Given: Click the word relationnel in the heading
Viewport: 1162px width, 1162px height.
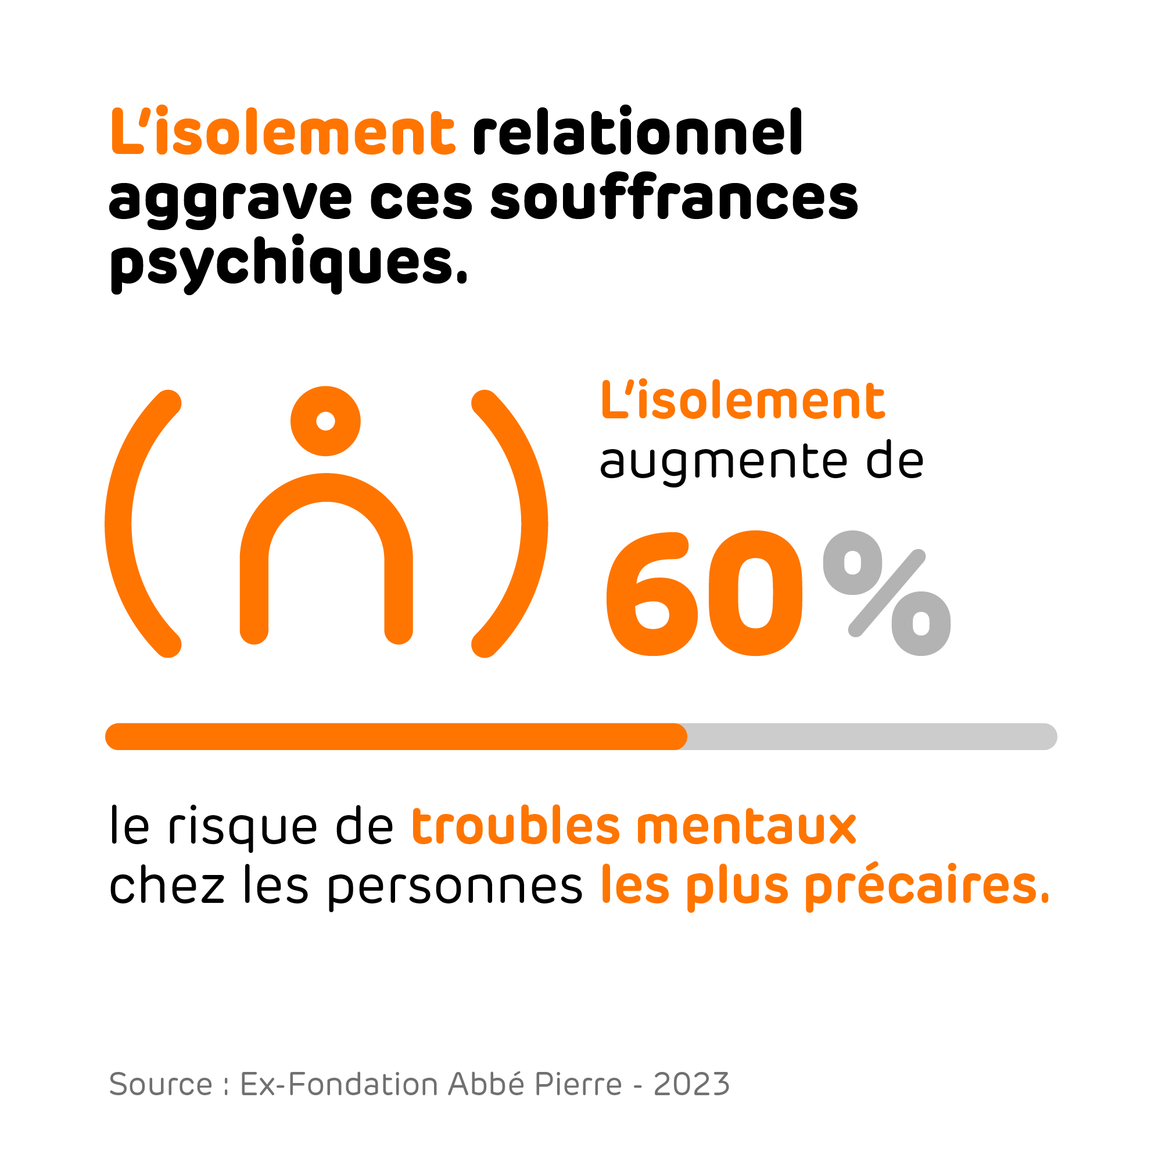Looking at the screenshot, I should tap(637, 132).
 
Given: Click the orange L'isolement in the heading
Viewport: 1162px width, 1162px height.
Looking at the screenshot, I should tap(283, 132).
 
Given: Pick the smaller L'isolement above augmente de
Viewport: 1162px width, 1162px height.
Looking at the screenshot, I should tap(743, 400).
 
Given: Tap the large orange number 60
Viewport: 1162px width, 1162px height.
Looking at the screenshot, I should tap(704, 594).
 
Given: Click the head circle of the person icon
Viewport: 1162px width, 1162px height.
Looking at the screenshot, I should tap(325, 421).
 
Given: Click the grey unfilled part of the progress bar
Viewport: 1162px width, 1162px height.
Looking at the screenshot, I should tap(872, 737).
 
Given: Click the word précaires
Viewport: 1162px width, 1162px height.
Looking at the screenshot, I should tap(927, 887).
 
